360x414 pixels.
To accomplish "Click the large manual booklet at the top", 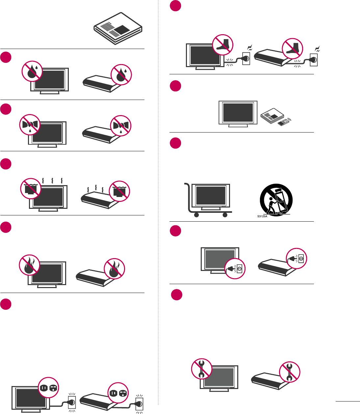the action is (118, 29).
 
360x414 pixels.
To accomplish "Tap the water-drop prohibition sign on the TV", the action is (32, 71).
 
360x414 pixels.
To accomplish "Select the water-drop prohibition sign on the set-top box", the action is (121, 75).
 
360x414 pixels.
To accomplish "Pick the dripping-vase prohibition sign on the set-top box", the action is (121, 126).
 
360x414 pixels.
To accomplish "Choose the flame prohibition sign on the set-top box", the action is (115, 269).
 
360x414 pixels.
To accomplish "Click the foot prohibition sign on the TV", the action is (223, 45).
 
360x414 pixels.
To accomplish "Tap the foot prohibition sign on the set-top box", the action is (293, 49).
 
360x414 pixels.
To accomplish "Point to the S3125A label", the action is (262, 216).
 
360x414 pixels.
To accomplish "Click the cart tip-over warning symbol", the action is (276, 200).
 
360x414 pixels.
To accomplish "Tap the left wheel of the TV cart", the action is (196, 215).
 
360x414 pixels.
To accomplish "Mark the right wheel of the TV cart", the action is (225, 215).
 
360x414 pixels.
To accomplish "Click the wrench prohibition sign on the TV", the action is (202, 369).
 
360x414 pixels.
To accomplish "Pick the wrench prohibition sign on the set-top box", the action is (290, 372).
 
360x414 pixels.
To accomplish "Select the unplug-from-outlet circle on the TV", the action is (235, 268).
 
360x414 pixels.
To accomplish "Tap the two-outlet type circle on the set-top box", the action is (118, 393).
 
